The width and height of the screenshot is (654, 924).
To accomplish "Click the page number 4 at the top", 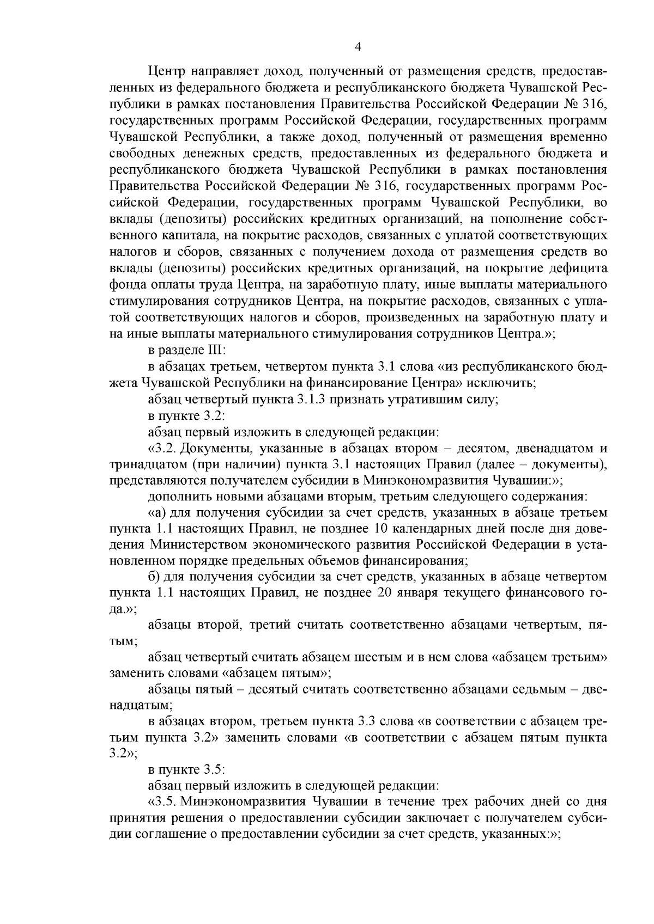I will (358, 47).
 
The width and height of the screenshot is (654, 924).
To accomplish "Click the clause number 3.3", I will (363, 722).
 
